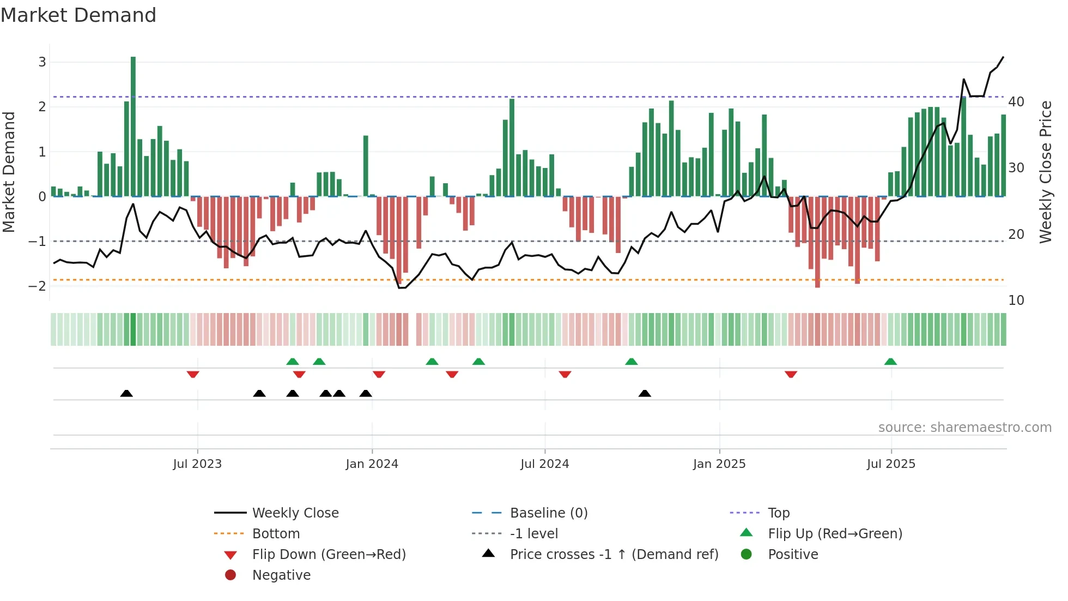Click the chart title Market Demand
(x=78, y=15)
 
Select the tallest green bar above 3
(x=133, y=125)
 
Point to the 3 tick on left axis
(x=42, y=62)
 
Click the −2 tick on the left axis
(x=38, y=286)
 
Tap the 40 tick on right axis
(x=1016, y=102)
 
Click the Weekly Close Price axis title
(x=1045, y=172)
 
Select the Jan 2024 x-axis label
(x=372, y=464)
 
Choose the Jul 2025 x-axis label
(x=891, y=464)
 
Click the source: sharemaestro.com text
(x=964, y=428)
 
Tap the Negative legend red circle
(x=230, y=575)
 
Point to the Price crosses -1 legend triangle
(x=488, y=554)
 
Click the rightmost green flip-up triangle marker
(x=890, y=362)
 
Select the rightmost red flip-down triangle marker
(x=791, y=374)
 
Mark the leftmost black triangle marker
(x=126, y=393)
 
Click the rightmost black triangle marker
(x=645, y=393)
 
